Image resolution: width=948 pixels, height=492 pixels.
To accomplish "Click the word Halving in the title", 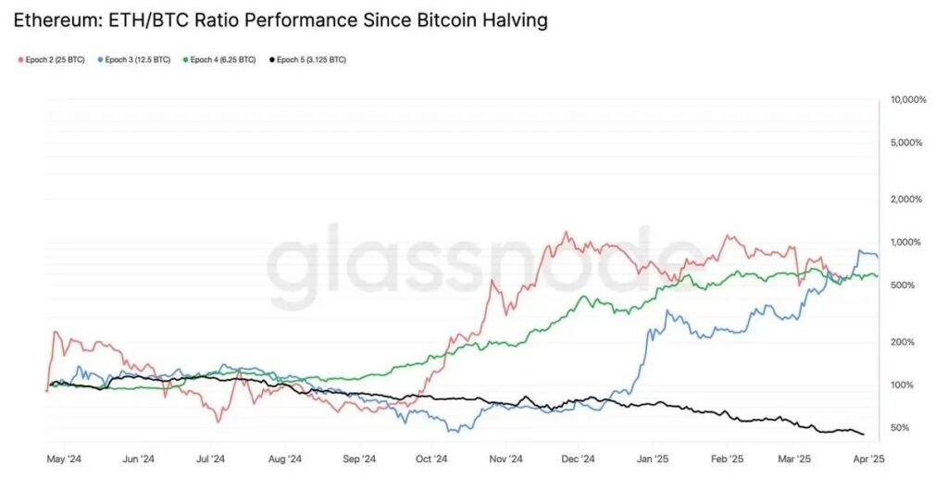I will [508, 19].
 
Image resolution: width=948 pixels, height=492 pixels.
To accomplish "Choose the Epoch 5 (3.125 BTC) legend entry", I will [307, 60].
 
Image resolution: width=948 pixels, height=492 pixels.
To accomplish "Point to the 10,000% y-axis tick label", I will [907, 100].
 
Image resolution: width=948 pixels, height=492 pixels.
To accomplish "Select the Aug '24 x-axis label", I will [285, 459].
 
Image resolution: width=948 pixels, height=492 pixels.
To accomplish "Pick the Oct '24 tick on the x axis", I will [431, 459].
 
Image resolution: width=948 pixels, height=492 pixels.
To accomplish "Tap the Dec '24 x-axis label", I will [579, 459].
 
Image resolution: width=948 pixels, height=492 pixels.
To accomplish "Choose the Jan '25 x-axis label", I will [654, 459].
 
